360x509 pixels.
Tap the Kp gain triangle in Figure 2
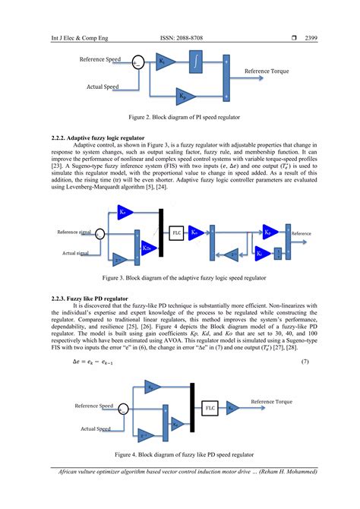(185, 96)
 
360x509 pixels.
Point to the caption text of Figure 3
(179, 279)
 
